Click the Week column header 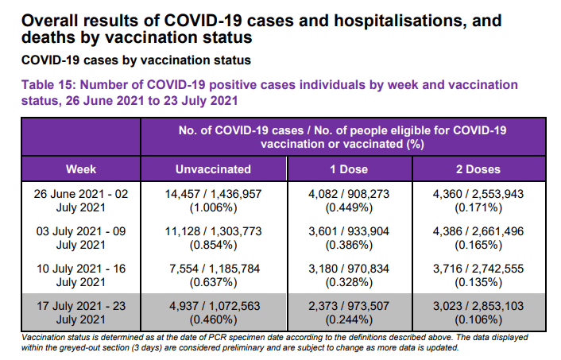coord(81,169)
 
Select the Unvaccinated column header coord(213,169)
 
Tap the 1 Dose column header coord(349,169)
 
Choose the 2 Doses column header coord(478,169)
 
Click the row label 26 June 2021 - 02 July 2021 coord(81,201)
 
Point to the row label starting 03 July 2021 coord(81,238)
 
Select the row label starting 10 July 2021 coord(81,275)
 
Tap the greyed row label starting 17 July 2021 coord(81,312)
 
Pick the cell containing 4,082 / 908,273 coord(349,201)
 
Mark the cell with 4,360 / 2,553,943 coord(478,201)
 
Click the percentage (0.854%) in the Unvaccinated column coord(213,245)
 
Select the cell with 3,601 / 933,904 coord(349,238)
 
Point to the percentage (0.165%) coord(478,245)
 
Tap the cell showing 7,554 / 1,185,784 coord(215,275)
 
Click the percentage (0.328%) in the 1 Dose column coord(349,282)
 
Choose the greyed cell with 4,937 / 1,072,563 coord(215,312)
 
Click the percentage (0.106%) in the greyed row coord(478,319)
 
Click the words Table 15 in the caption coord(46,85)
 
